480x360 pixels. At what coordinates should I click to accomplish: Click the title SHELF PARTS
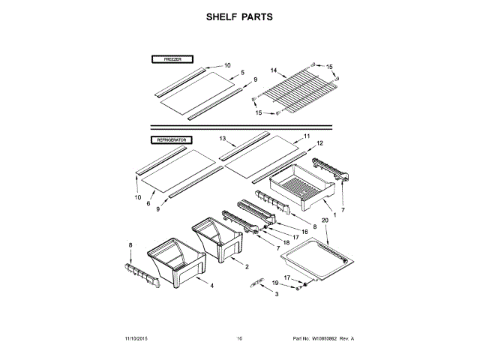click(x=240, y=16)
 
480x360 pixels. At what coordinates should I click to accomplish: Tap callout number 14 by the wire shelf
click(x=274, y=72)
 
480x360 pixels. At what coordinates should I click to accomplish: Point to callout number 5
click(x=243, y=73)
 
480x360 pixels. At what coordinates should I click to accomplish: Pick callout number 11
click(x=307, y=136)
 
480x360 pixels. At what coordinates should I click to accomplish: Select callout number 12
click(x=319, y=142)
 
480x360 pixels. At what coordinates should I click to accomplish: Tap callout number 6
click(x=148, y=203)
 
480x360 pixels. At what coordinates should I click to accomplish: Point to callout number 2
click(x=247, y=266)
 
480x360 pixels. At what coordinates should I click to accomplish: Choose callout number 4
click(x=211, y=286)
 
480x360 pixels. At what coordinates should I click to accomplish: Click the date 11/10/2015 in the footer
click(x=127, y=339)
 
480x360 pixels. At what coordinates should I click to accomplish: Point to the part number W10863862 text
click(x=324, y=339)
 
